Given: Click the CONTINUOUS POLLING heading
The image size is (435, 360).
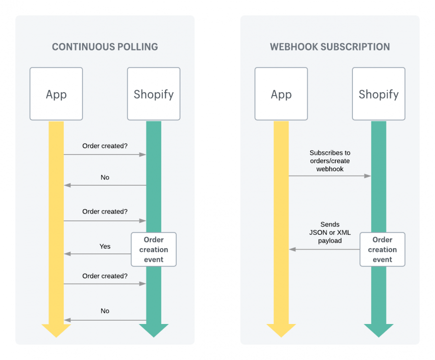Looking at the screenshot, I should (105, 47).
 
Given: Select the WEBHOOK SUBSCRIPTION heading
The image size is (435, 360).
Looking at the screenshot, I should (329, 47).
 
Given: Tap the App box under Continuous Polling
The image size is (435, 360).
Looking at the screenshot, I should (56, 94).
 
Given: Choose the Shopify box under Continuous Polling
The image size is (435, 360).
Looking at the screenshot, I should (154, 94).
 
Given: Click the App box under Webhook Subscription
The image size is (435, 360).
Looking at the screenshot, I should (281, 94).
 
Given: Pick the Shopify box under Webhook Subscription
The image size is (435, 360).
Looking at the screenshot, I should (378, 94).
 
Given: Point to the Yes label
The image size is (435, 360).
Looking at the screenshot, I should (105, 246).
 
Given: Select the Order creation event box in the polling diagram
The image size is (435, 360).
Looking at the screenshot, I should (154, 250).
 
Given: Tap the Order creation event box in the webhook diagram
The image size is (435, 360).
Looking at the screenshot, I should (382, 250).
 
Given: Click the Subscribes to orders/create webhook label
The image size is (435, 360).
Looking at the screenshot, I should (330, 161).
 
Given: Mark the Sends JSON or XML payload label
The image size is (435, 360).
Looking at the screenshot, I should (330, 232).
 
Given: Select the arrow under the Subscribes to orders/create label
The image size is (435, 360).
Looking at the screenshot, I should (330, 176).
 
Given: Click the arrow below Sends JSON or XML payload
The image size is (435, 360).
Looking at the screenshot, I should (325, 249).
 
